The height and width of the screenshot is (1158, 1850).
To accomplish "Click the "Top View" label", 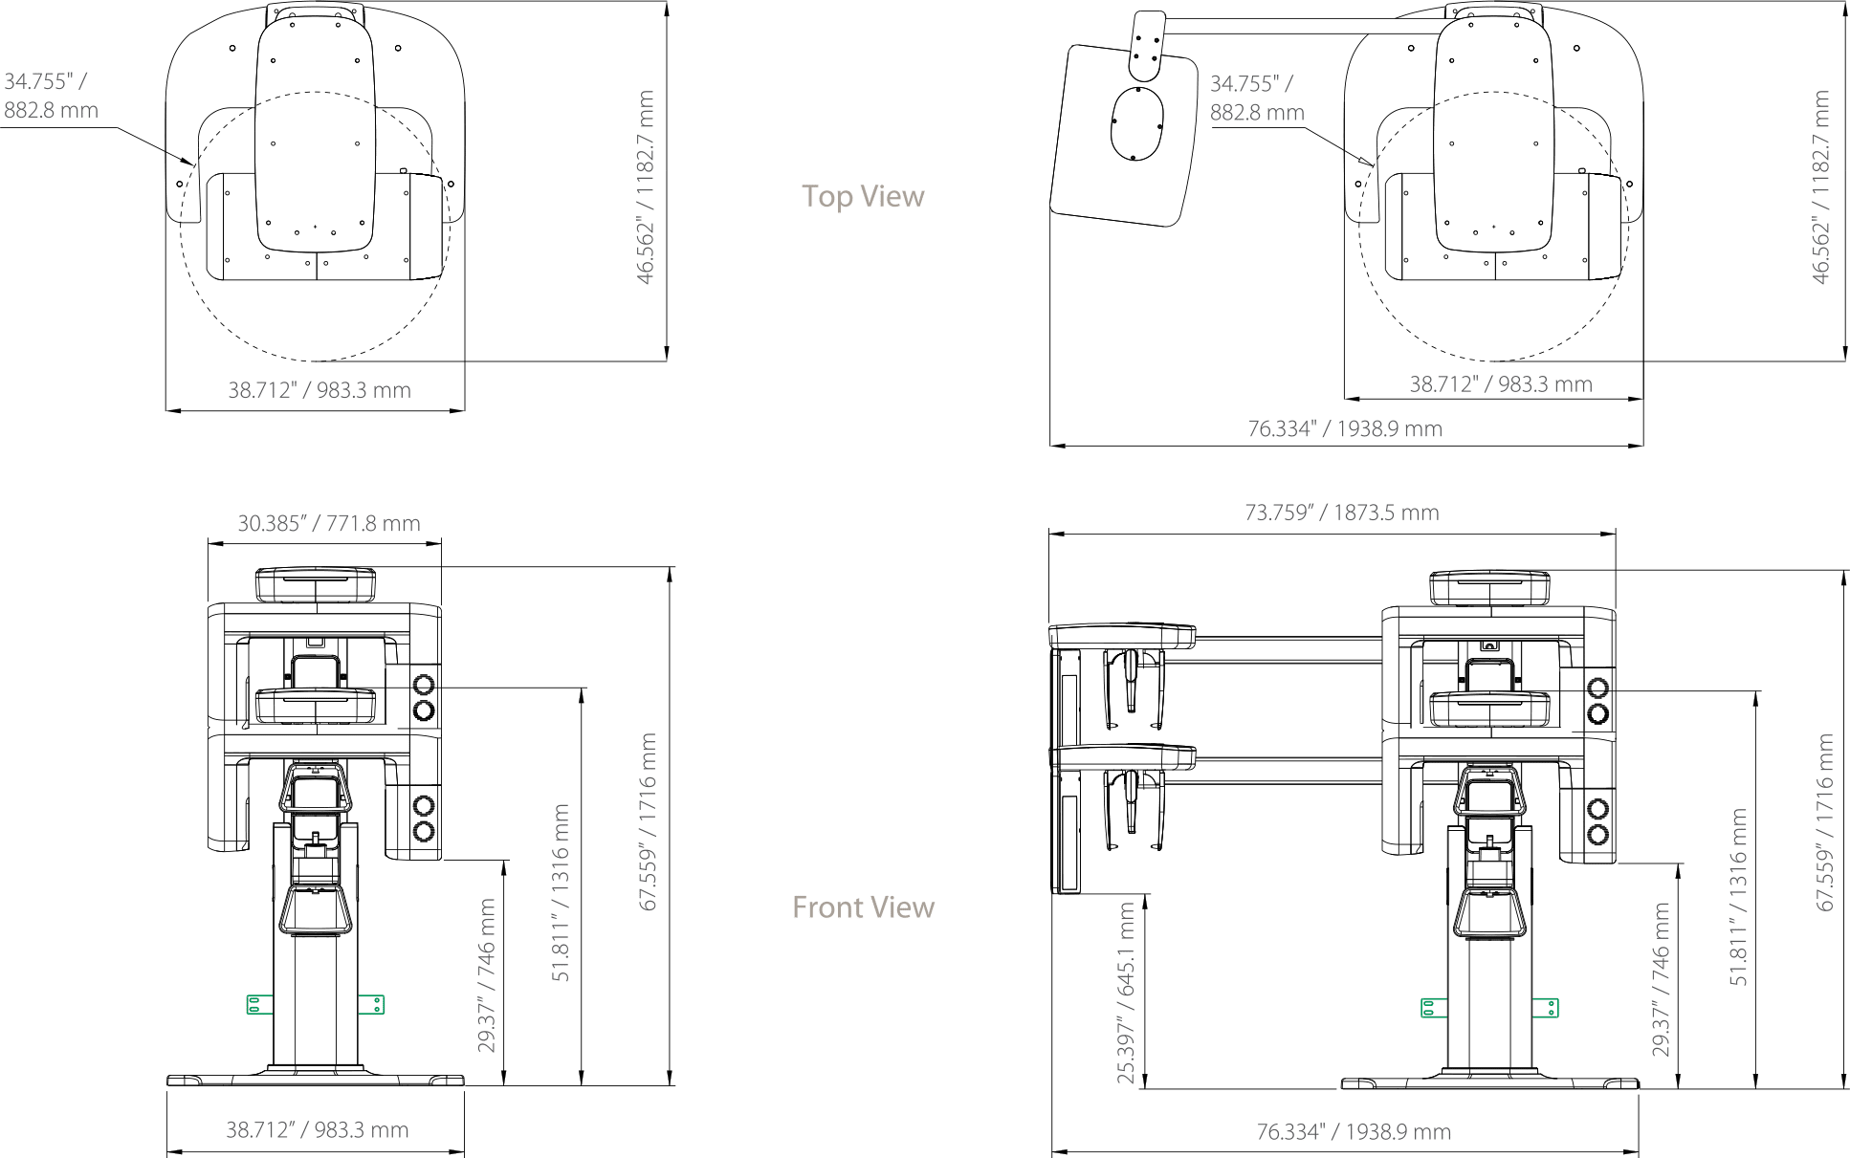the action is tap(863, 196).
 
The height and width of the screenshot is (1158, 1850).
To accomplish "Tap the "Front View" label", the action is tap(863, 907).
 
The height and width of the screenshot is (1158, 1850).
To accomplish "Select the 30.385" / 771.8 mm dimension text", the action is tap(329, 523).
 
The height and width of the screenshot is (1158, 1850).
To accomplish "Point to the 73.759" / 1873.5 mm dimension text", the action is tap(1342, 513).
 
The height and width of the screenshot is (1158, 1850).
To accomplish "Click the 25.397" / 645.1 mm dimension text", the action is tap(1126, 994).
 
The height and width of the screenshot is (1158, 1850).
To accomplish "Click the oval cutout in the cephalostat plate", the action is tap(1137, 123).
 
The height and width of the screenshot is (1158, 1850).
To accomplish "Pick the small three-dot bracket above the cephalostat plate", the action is tap(1147, 45).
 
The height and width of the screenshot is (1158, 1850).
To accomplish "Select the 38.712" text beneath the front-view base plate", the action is tap(318, 1130).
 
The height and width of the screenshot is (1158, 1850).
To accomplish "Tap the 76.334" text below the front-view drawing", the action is tap(1354, 1132).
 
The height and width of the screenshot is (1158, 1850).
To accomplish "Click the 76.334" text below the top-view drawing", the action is tap(1345, 428).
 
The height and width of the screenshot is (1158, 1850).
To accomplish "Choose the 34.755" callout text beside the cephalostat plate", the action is tap(1257, 98).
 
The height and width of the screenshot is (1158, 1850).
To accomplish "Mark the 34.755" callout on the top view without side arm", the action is tap(51, 96).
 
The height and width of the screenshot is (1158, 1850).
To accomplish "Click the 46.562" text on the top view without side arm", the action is tap(646, 187).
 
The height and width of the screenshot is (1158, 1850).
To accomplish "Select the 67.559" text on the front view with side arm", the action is tap(1825, 822).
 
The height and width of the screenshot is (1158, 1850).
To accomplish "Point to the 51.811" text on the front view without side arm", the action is tap(561, 893).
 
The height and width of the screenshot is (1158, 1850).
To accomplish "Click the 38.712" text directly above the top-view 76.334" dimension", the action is tap(1501, 384).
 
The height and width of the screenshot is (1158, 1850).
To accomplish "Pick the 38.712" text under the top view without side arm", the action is tap(319, 390).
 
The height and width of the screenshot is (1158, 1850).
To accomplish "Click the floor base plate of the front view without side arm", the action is tap(316, 1080).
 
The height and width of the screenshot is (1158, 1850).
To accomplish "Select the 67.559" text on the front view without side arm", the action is tap(649, 821).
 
